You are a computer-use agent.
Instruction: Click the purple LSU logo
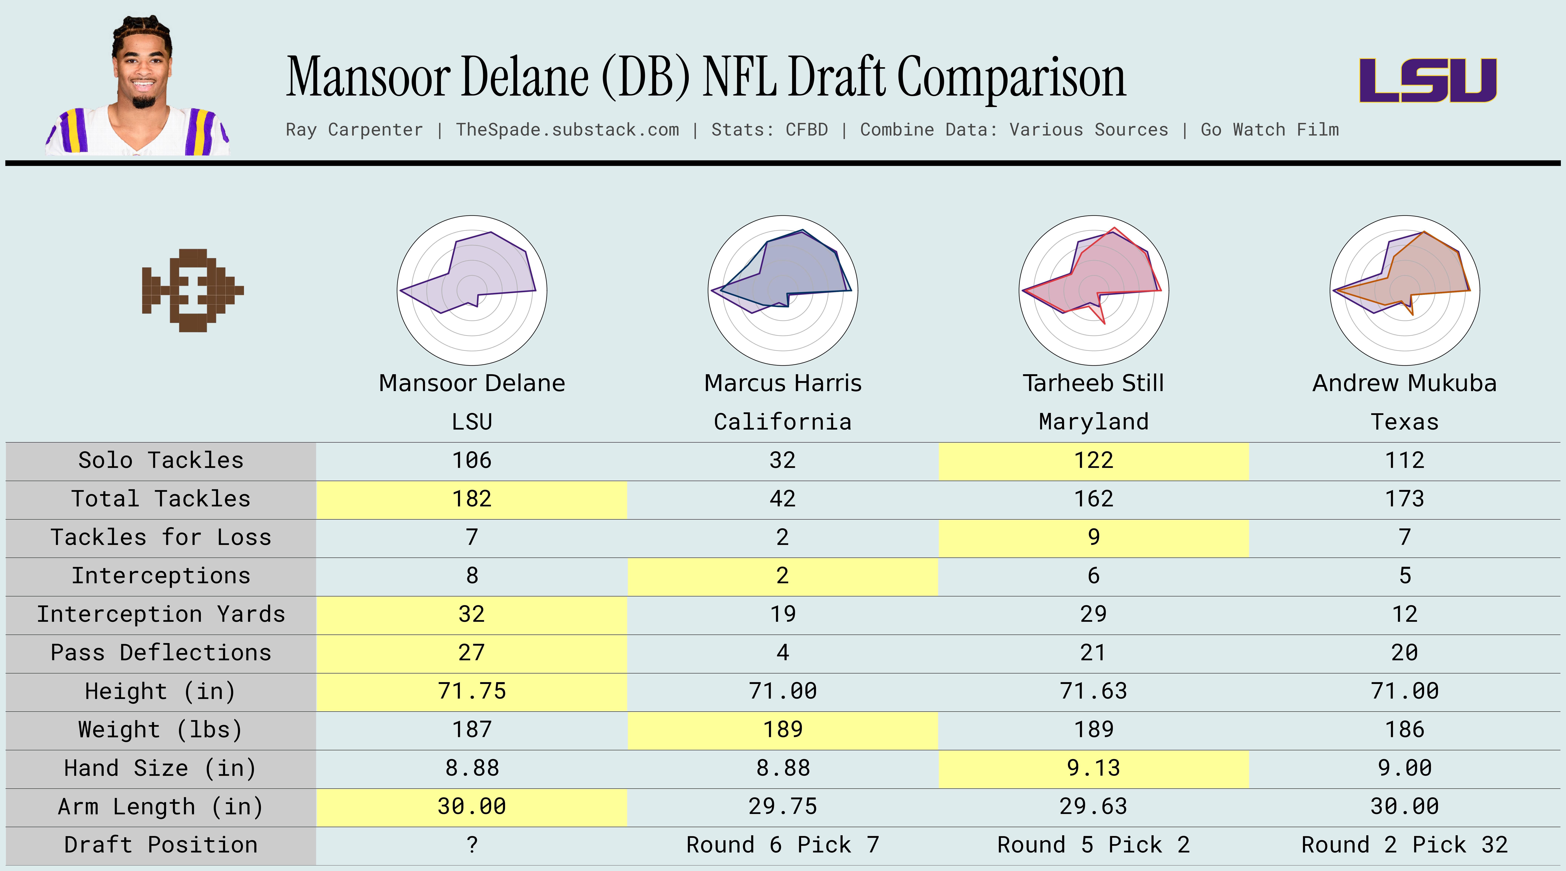click(x=1427, y=80)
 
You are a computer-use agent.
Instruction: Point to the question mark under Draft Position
click(x=472, y=845)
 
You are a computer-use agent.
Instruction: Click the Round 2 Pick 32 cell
click(x=1404, y=845)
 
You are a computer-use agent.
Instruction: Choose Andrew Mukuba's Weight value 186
click(x=1404, y=729)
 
